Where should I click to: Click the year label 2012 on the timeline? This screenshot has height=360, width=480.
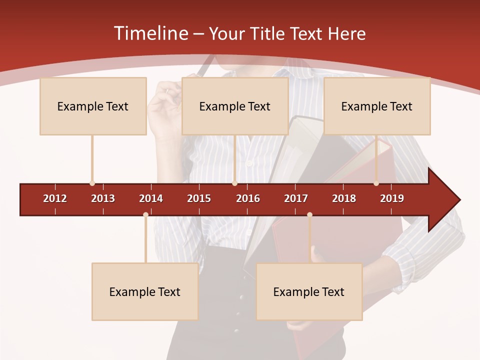(55, 198)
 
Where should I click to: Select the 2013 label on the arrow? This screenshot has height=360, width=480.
(103, 198)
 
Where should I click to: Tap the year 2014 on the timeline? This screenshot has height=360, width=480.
(151, 198)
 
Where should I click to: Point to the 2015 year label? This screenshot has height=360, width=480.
(199, 198)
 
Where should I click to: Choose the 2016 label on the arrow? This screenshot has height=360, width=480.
(248, 198)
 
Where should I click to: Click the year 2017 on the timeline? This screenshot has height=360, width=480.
(296, 198)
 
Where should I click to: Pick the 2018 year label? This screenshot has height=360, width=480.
(344, 198)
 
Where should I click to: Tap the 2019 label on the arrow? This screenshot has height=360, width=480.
(392, 198)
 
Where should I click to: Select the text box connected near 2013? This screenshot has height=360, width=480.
(93, 106)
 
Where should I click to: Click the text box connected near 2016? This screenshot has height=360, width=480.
(235, 106)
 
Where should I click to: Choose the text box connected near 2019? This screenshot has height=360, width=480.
(377, 106)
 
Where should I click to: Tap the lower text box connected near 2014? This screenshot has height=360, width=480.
(145, 292)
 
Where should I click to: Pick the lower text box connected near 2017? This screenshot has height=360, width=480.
(309, 292)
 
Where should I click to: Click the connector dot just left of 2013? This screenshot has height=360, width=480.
(92, 183)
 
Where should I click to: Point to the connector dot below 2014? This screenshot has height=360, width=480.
(145, 215)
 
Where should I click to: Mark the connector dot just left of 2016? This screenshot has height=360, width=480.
(234, 183)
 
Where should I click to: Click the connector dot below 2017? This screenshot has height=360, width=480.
(309, 215)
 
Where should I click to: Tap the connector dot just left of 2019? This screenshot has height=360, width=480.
(376, 183)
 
